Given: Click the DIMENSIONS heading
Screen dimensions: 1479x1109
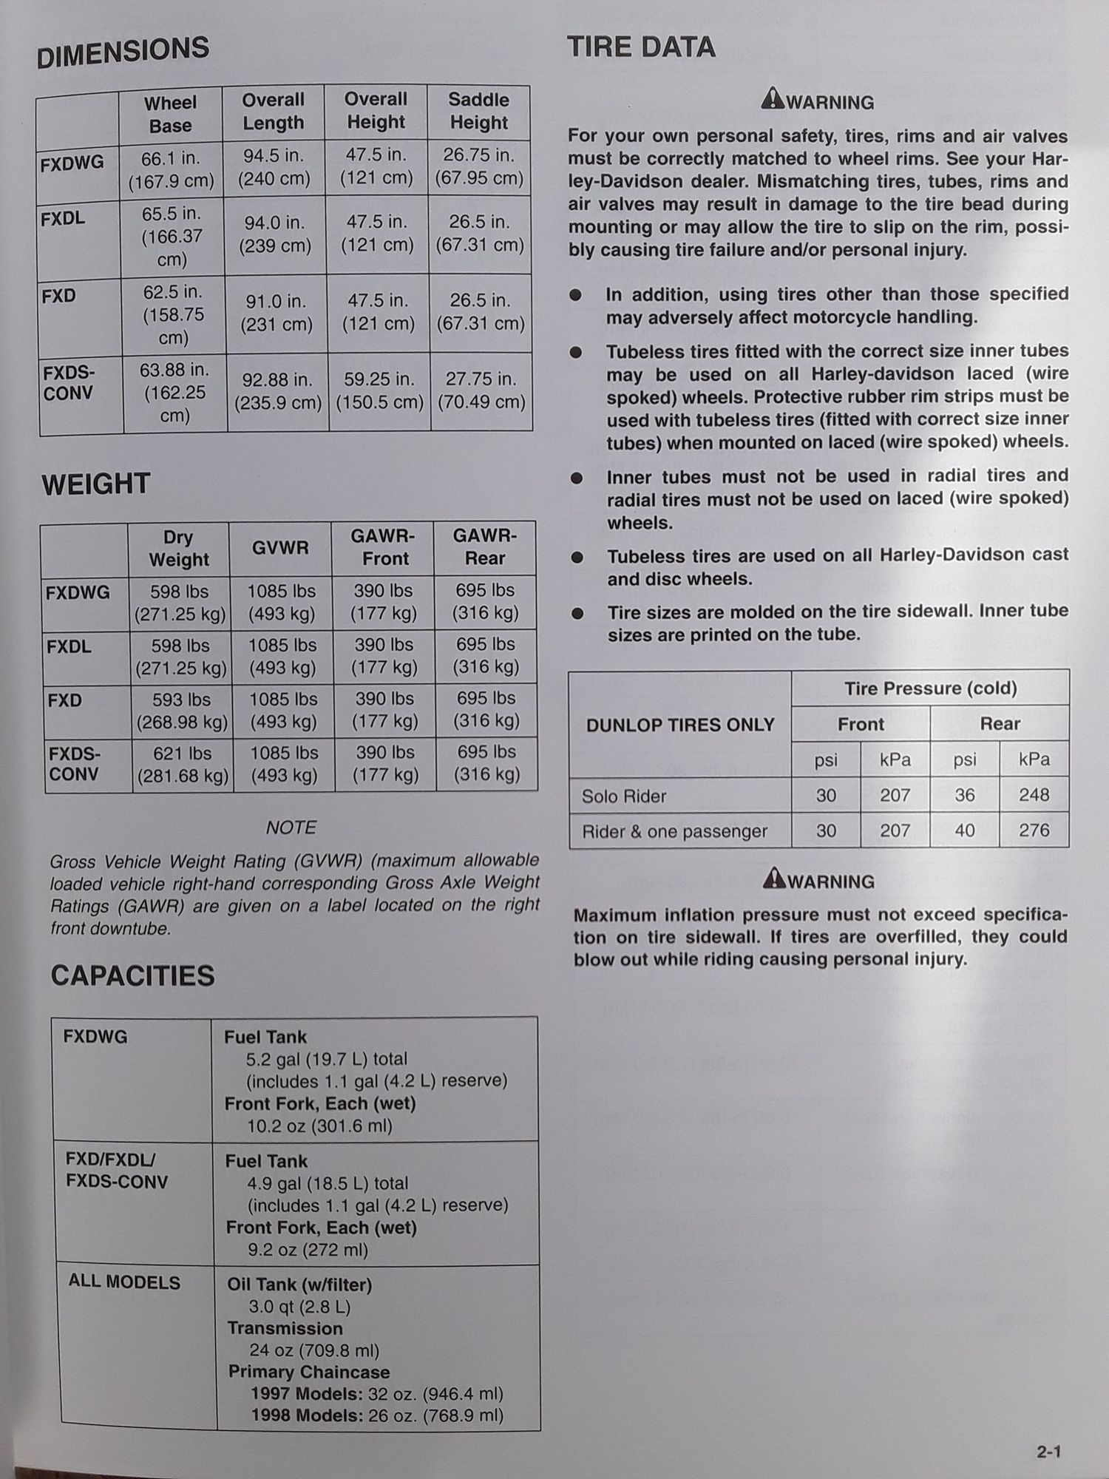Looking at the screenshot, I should [123, 53].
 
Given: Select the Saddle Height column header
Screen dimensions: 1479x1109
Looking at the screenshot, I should [478, 111].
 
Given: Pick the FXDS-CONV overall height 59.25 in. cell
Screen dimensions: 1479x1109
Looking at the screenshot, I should [379, 391].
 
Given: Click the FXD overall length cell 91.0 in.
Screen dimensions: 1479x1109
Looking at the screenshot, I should [276, 313].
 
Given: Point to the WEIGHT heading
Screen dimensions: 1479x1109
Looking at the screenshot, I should [96, 484].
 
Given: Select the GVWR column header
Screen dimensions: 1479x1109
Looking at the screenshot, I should [279, 548].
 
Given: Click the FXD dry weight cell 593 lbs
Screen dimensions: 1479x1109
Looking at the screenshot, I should [182, 710].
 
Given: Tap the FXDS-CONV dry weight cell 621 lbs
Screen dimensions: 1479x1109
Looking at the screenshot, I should [183, 765].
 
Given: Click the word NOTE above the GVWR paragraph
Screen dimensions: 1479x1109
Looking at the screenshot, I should [291, 828].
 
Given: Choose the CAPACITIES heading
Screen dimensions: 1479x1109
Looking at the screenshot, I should [132, 976].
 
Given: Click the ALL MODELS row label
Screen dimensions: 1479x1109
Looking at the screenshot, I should [124, 1282].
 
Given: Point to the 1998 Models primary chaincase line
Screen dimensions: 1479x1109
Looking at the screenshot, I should [376, 1415].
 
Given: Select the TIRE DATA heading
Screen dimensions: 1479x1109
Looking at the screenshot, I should [641, 48].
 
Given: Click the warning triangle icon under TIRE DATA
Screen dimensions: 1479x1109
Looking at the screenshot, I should [773, 98].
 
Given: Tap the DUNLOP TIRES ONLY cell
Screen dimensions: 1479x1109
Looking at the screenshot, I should [680, 725].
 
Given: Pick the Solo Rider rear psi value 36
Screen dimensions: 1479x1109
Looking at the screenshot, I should [964, 795].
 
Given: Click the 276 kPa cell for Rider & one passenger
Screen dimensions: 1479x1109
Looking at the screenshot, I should [1034, 830].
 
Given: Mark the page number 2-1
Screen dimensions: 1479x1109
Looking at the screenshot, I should [1048, 1452].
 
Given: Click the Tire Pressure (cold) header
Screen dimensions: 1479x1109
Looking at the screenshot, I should [930, 688].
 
